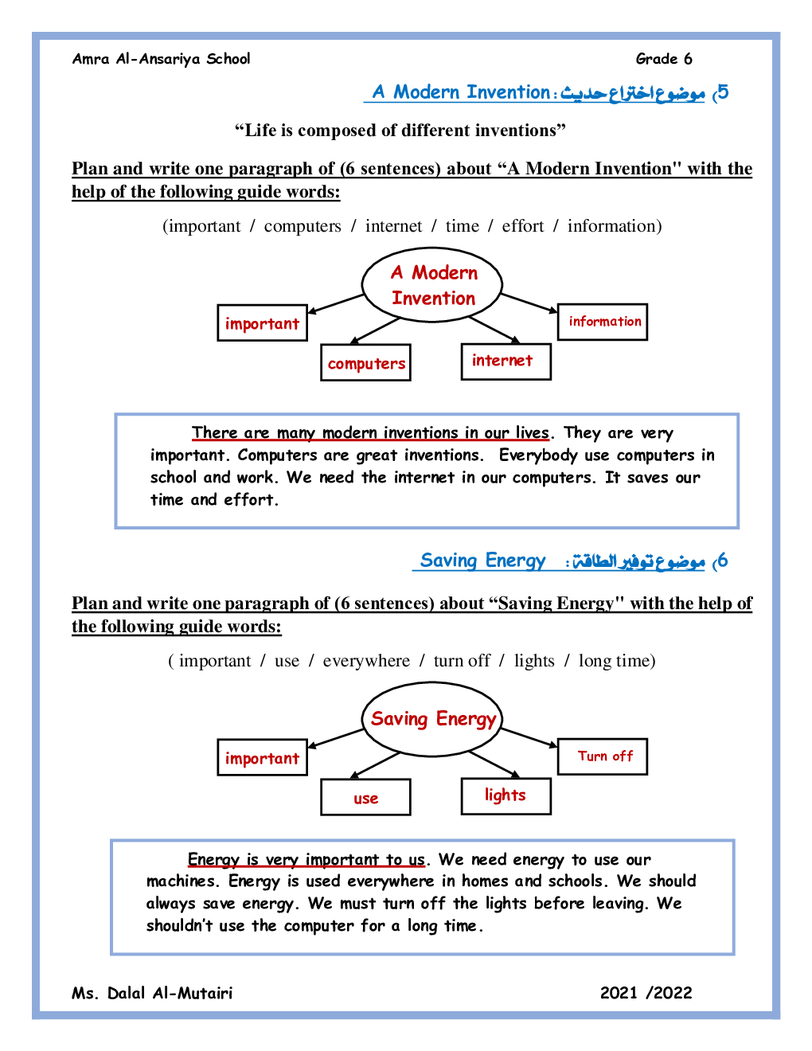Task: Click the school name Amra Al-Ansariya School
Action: (161, 59)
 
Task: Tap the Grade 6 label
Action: (664, 59)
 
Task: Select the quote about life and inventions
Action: (400, 131)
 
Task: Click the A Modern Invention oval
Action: (432, 285)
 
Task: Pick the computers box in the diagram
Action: (366, 363)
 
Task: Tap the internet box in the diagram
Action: (506, 361)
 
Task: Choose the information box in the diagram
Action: (603, 322)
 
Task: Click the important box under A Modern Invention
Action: (262, 323)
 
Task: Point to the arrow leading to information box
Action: (529, 303)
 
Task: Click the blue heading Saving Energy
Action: (482, 561)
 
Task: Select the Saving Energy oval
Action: (432, 719)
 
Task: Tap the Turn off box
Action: (603, 756)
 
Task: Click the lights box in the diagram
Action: (506, 795)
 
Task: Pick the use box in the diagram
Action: (366, 798)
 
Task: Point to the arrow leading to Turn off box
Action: (529, 737)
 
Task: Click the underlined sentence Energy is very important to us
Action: (306, 860)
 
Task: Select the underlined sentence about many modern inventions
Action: (370, 433)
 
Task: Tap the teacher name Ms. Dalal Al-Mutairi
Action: (152, 993)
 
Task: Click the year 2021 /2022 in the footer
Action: (646, 993)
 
